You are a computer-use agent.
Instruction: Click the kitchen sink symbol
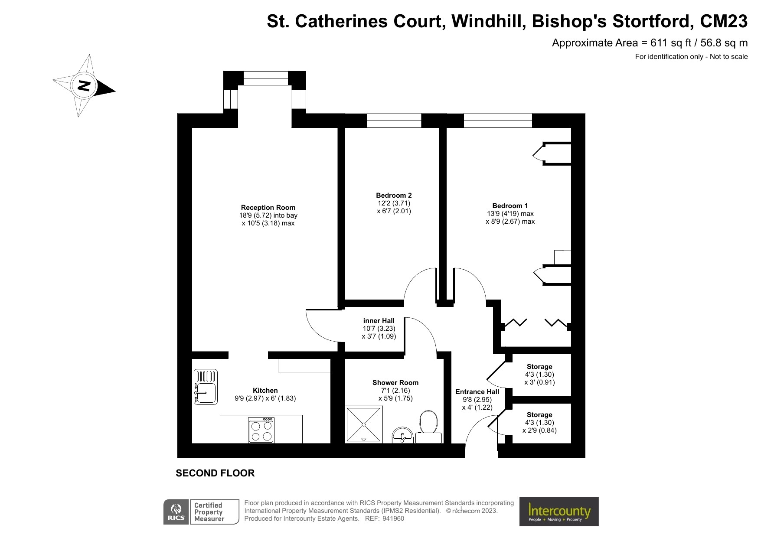[x=206, y=386]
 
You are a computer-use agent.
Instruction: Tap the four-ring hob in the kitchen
[x=261, y=430]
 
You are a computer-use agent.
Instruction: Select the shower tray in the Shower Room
[x=364, y=424]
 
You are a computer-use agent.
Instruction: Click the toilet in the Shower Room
[x=428, y=423]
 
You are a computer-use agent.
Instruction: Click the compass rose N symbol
[x=84, y=85]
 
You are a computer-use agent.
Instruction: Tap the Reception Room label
[x=268, y=207]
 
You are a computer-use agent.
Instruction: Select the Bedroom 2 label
[x=394, y=195]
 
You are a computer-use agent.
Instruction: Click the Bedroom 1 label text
[x=510, y=205]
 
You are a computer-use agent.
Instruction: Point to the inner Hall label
[x=379, y=320]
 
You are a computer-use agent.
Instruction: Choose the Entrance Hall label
[x=477, y=391]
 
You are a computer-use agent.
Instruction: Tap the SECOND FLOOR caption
[x=215, y=473]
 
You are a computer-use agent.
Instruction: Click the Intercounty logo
[x=559, y=512]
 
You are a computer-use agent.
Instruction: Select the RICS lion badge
[x=176, y=512]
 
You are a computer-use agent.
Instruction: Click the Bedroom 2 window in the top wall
[x=394, y=121]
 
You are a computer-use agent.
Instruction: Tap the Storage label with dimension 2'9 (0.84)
[x=539, y=414]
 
